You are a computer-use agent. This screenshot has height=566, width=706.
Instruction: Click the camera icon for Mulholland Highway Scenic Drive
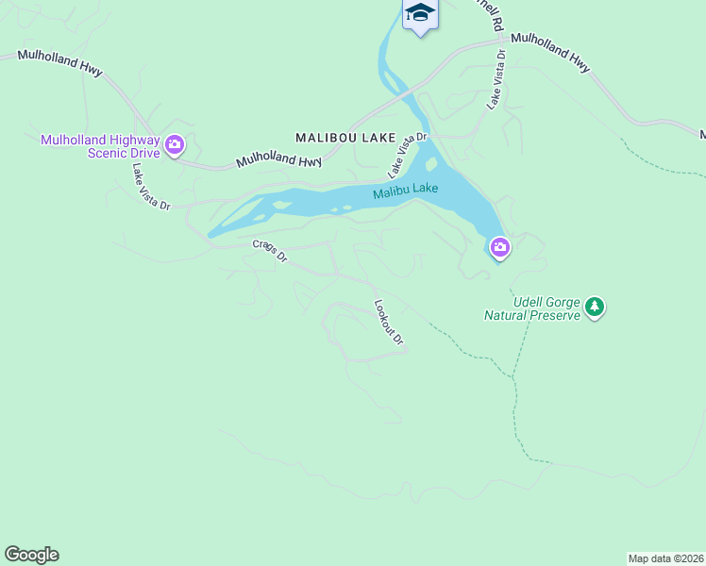coord(175,144)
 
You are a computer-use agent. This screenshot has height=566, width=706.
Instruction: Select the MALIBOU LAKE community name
coord(345,138)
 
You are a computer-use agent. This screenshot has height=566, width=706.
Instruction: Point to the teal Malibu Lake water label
coord(405,191)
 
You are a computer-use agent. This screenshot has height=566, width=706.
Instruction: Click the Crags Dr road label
coord(269,251)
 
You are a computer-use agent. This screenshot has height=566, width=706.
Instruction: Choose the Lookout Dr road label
coord(388,323)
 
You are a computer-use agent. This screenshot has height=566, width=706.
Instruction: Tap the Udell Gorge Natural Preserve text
coord(531,308)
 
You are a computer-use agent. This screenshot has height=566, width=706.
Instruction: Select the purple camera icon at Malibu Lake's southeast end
coord(499,248)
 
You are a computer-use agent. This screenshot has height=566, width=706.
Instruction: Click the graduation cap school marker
coord(419,13)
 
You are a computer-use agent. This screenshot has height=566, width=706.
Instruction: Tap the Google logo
coord(31,555)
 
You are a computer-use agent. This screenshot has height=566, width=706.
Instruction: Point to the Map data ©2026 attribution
coord(665,558)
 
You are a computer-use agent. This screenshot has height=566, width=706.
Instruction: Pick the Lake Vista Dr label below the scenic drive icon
coord(150,187)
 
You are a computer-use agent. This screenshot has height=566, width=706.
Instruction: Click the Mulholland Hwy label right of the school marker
coord(550,53)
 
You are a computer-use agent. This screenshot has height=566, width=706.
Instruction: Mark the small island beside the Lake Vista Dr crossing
coord(431,165)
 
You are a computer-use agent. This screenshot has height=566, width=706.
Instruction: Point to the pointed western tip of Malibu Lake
coord(210,235)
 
